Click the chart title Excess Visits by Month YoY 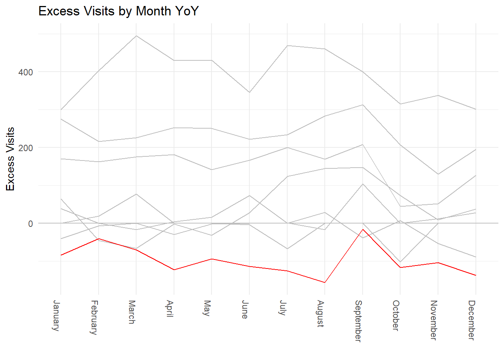point(118,11)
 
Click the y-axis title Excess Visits point(10,159)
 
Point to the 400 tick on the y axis point(25,72)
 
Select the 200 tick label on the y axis point(25,148)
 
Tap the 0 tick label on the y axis point(30,224)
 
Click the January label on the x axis point(57,315)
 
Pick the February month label point(94,317)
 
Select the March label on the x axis point(132,312)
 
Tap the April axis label point(170,309)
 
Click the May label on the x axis point(207,308)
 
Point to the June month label point(245,309)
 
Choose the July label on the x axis point(283,307)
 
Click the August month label point(321,313)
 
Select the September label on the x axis point(358,321)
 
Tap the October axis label point(396,315)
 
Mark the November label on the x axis point(434,320)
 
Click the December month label point(472,320)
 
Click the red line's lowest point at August point(325,282)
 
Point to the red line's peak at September point(363,229)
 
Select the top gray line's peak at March point(136,36)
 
